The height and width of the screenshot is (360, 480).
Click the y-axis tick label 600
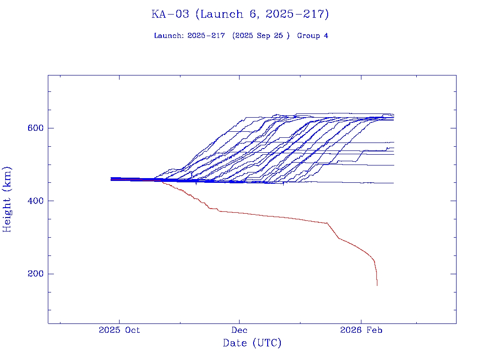point(36,128)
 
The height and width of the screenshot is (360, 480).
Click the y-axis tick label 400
point(36,201)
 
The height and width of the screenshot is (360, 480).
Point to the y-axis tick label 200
point(36,274)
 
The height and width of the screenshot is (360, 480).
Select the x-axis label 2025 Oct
point(120,330)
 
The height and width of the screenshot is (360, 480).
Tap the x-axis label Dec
point(240,330)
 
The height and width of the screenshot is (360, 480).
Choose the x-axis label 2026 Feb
point(361,330)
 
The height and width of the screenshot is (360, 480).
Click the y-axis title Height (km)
point(7,199)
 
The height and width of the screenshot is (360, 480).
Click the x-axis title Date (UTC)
point(252,343)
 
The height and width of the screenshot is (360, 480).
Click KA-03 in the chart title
point(170,14)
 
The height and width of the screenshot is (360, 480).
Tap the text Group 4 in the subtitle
point(313,36)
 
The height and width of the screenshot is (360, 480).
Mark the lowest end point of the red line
point(377,285)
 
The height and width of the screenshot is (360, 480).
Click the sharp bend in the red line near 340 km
point(327,223)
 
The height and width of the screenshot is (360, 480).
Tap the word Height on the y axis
point(7,212)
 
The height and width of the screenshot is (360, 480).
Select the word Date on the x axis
point(235,343)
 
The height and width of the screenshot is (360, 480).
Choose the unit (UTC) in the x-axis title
point(267,343)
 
